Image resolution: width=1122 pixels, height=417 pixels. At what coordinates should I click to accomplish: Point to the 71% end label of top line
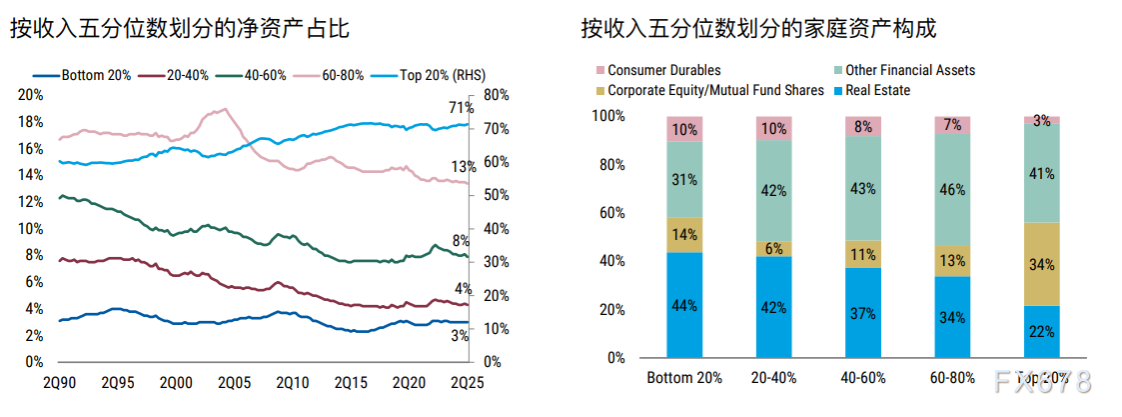[461, 108]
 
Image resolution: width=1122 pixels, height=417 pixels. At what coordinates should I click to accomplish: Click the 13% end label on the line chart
[462, 167]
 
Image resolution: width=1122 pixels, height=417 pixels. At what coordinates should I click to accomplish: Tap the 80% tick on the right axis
[496, 95]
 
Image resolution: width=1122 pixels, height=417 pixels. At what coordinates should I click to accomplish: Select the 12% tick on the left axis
[31, 202]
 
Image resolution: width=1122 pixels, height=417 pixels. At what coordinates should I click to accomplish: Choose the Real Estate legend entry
[877, 90]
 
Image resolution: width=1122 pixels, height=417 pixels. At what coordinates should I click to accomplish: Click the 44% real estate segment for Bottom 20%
[684, 305]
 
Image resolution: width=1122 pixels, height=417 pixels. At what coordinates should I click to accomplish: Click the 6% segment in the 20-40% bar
[773, 249]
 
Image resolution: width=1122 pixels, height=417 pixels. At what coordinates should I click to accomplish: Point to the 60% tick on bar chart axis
[609, 213]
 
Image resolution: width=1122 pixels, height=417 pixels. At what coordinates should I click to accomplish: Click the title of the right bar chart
[759, 29]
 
